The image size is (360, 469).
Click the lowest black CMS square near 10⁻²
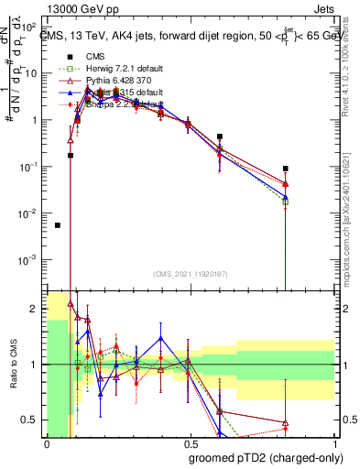tap(58, 224)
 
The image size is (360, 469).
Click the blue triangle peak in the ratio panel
tap(160, 338)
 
